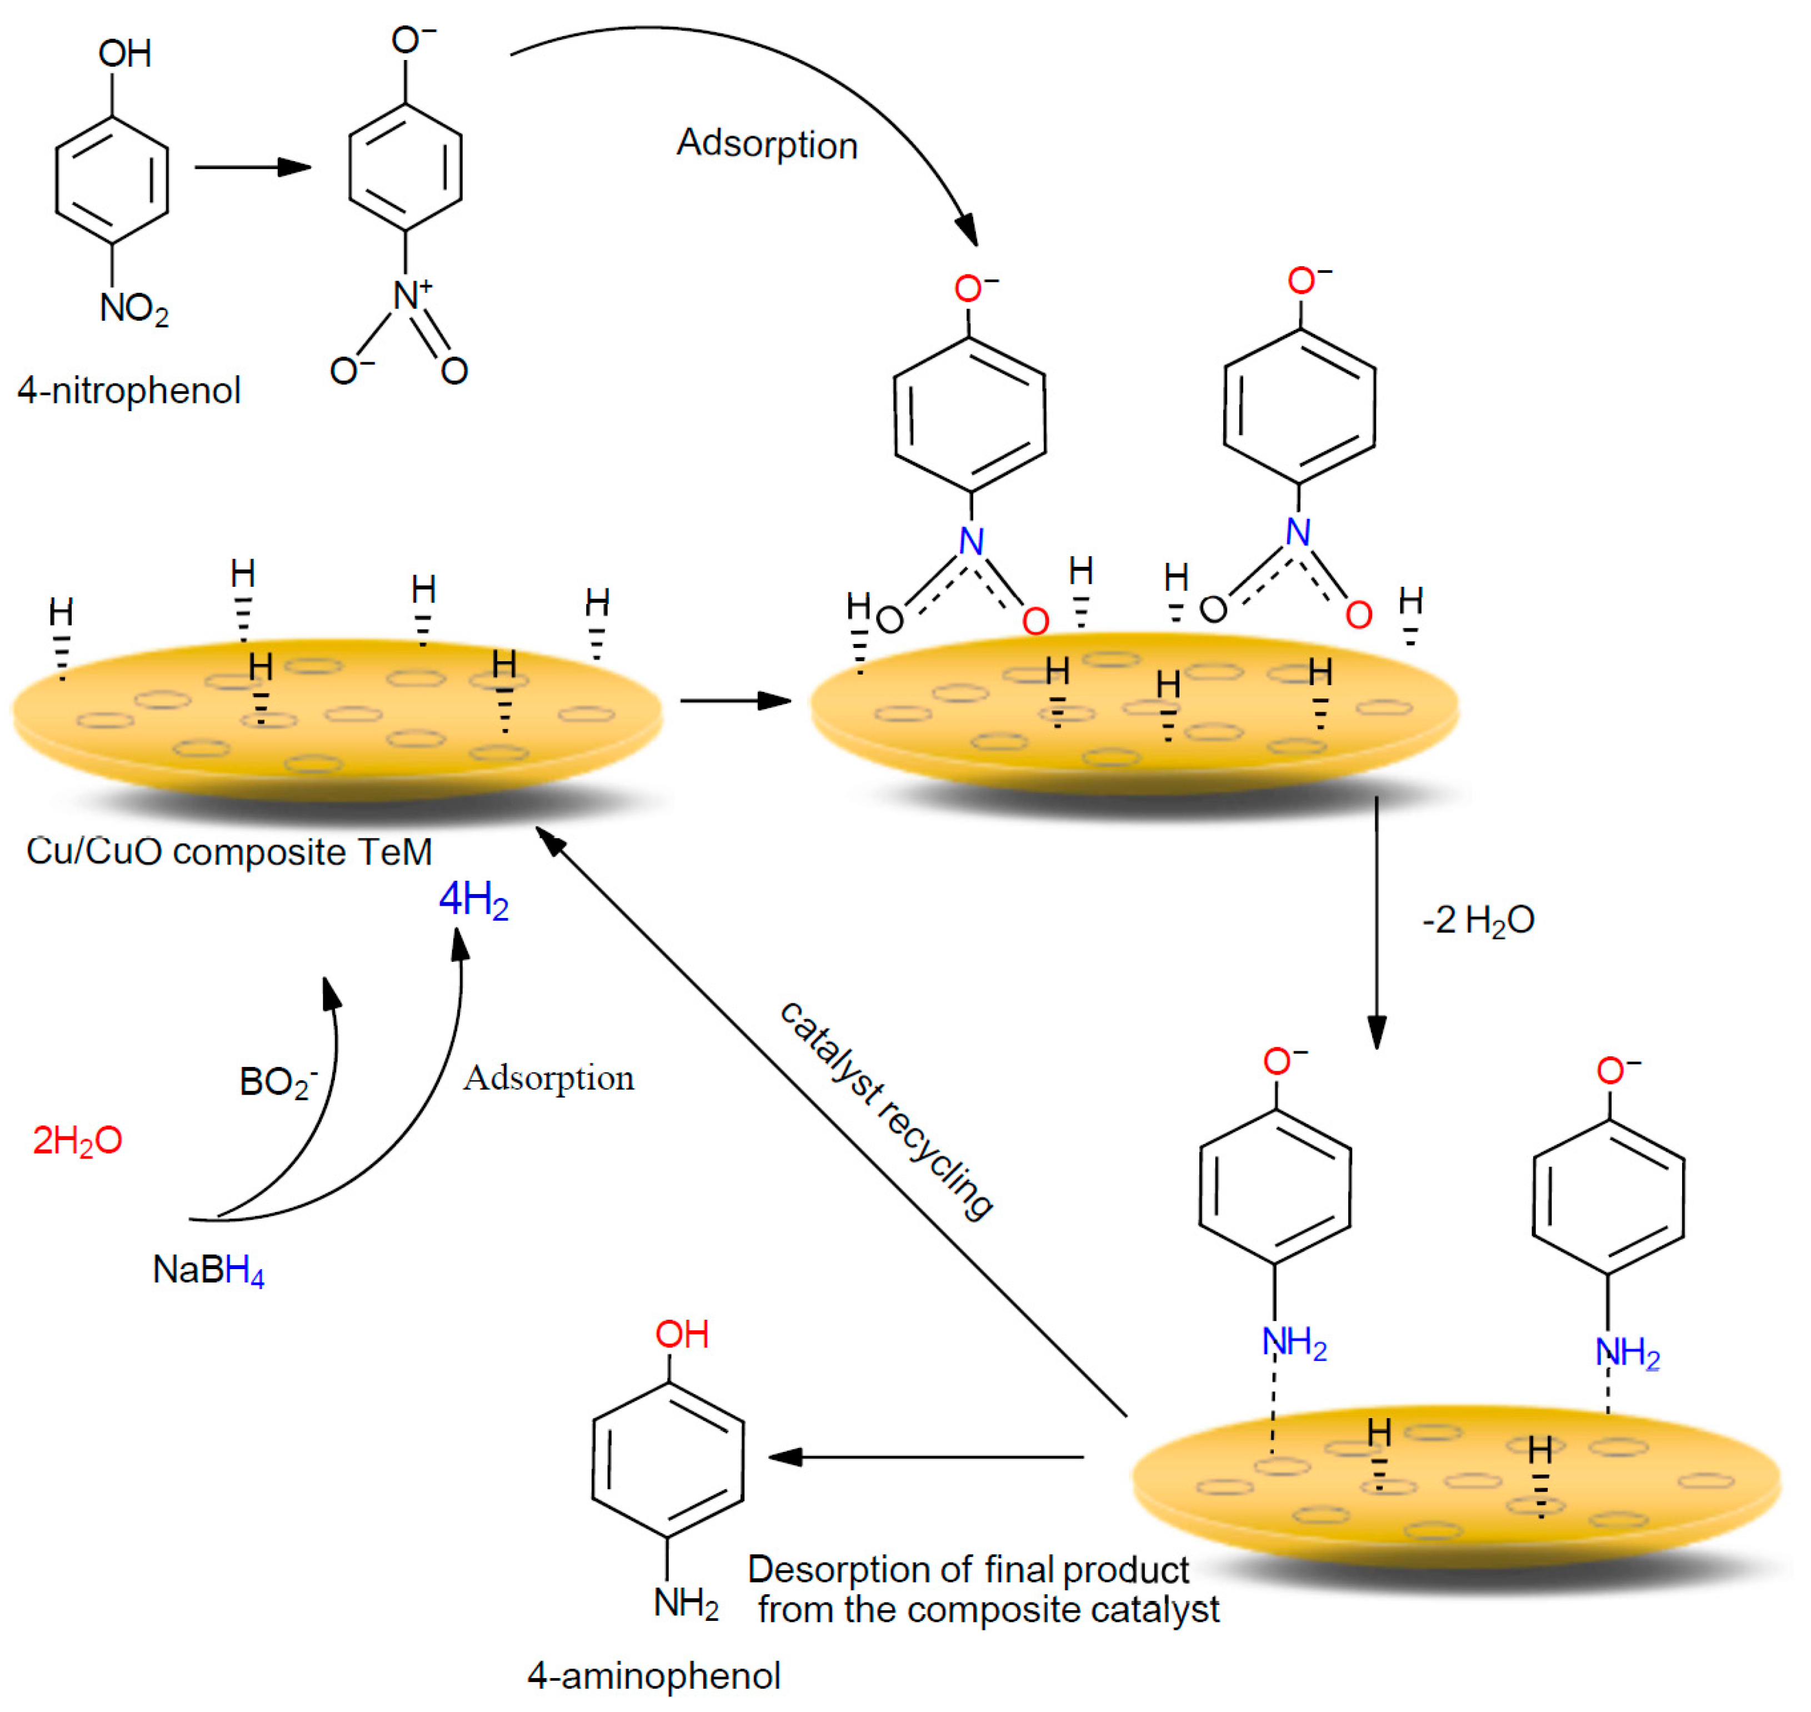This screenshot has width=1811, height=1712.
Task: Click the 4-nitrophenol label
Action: coord(129,391)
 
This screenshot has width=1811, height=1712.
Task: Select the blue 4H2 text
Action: coord(473,901)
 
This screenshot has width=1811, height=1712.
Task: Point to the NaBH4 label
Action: coord(208,1270)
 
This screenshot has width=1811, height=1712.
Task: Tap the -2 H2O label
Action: coord(1478,920)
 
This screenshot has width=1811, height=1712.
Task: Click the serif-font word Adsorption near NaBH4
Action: coord(548,1078)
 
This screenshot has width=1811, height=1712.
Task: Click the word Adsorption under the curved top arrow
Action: coord(767,144)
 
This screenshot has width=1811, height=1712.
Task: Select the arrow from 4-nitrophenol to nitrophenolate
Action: coord(253,167)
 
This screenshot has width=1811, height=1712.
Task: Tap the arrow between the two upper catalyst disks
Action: coord(736,700)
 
